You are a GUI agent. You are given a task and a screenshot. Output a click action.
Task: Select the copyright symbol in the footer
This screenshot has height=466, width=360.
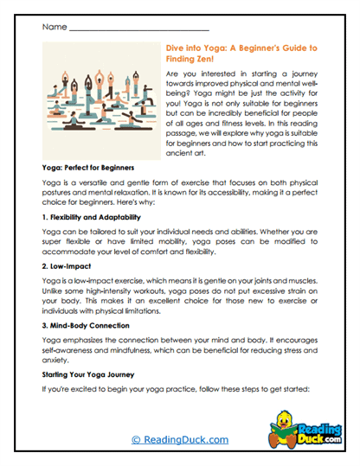coord(135,439)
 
